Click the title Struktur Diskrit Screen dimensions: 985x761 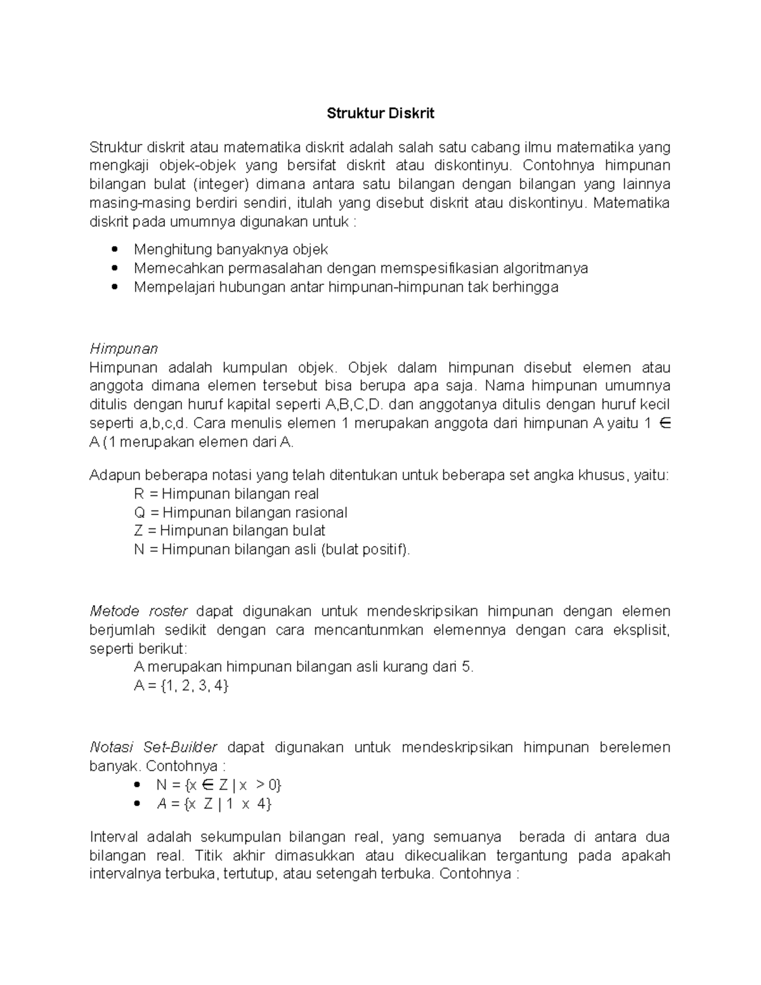pos(380,114)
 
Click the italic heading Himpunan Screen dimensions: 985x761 pos(124,349)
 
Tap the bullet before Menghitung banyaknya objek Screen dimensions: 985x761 pos(114,249)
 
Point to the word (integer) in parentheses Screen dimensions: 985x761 pos(221,185)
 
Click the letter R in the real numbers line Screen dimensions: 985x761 pos(139,494)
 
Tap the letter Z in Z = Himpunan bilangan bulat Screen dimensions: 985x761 pos(138,531)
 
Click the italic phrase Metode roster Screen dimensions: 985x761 pos(138,611)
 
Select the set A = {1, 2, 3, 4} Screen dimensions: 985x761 pos(181,686)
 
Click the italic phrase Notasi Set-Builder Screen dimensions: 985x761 pos(153,747)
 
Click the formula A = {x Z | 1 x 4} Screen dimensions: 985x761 pos(214,804)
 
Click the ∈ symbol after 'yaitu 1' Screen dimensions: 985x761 pos(665,424)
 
